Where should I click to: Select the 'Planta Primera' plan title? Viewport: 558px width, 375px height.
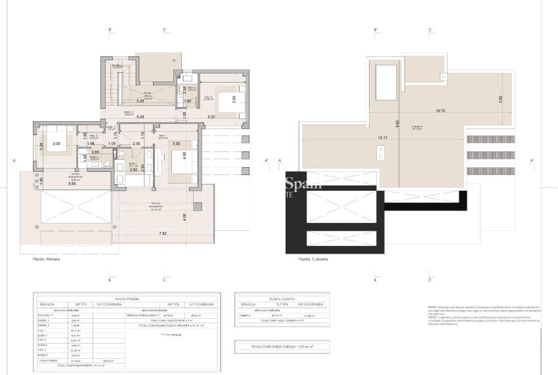46,260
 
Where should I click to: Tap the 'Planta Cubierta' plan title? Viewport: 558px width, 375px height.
312,260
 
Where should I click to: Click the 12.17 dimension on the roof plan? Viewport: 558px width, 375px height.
383,137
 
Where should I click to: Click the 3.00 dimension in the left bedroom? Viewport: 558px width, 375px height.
56,143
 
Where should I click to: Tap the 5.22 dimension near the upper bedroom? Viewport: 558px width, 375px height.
211,117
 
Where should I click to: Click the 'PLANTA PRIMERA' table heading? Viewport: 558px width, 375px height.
127,297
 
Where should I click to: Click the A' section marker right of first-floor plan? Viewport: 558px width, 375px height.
267,160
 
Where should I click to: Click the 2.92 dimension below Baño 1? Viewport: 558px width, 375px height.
134,151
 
